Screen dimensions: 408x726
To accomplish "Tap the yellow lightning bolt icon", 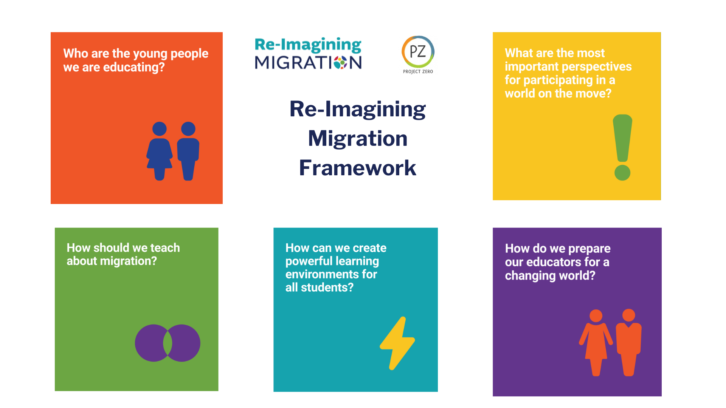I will [397, 343].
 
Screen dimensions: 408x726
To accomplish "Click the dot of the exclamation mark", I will [622, 173].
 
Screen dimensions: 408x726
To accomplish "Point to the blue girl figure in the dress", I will [160, 151].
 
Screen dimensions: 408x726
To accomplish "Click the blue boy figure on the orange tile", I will [188, 151].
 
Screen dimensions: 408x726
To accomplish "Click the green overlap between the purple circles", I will [168, 343].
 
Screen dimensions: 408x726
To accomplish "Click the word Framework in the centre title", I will [357, 168].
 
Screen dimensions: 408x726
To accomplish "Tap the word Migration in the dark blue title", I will [358, 138].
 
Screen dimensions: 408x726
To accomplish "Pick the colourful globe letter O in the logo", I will [340, 63].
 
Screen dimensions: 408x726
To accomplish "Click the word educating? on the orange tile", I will [134, 67].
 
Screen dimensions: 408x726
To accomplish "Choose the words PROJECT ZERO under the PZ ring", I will [418, 71].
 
